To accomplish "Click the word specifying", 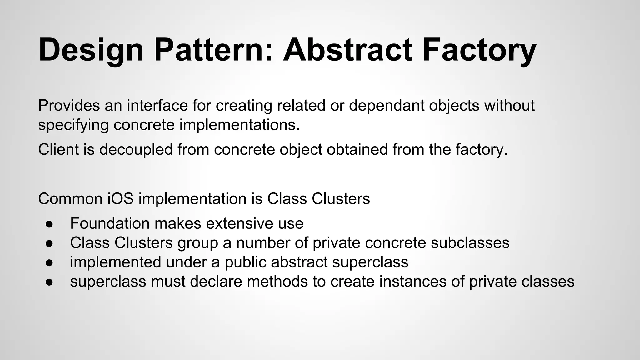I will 73,125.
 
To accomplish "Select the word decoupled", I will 136,149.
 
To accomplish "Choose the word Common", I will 70,199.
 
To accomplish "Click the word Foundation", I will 110,223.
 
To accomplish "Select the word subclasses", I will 470,243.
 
